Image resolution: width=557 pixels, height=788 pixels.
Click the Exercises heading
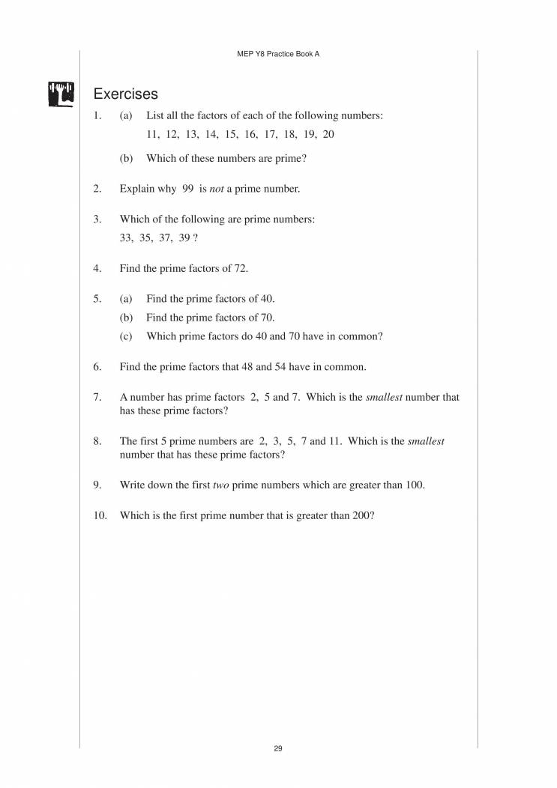[125, 94]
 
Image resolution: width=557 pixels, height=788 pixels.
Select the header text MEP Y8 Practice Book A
[278, 55]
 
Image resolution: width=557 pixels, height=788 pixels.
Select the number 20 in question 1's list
[328, 135]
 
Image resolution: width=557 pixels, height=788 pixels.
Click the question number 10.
[100, 515]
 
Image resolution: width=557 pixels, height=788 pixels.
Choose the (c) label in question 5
[126, 336]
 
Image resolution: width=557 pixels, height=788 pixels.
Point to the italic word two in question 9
[220, 485]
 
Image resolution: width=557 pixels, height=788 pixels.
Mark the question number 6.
[97, 367]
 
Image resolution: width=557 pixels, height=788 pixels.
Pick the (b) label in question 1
[126, 158]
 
